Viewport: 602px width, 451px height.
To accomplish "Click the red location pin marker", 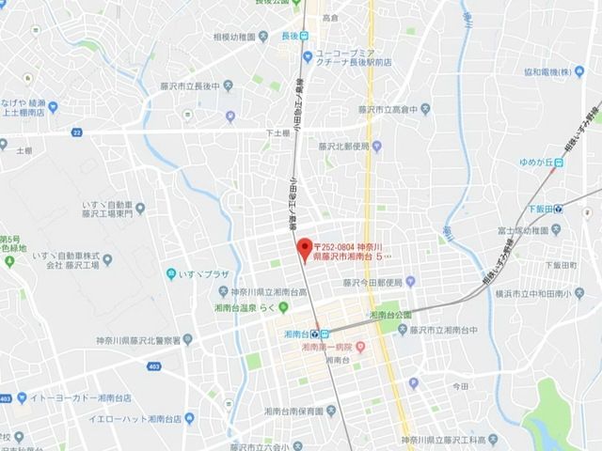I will click(303, 249).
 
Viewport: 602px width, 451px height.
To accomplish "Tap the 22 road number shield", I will click(75, 133).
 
